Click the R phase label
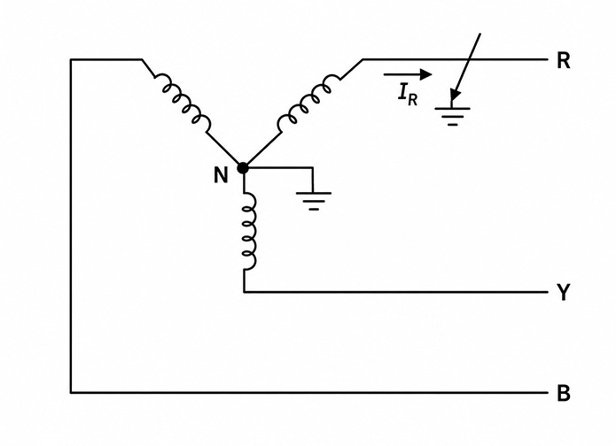tap(564, 61)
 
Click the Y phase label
tap(564, 292)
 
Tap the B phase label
tap(564, 393)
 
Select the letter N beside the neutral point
tap(221, 175)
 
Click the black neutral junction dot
tap(243, 168)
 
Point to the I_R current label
tap(408, 96)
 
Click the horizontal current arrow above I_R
tap(408, 73)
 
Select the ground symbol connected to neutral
tap(314, 201)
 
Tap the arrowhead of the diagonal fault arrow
tap(455, 96)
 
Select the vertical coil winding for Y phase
tap(249, 232)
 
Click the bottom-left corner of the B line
tap(71, 392)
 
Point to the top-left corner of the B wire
tap(71, 59)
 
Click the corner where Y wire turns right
tap(244, 292)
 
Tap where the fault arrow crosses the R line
tap(471, 59)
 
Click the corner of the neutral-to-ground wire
tap(313, 168)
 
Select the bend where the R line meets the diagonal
tap(363, 59)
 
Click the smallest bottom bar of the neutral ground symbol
tap(314, 210)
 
